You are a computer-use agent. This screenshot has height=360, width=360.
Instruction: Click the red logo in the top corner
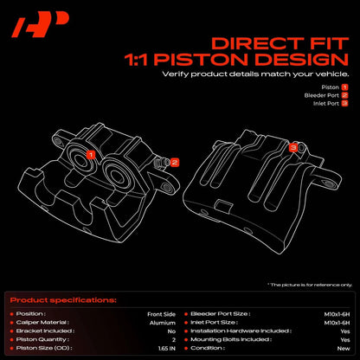pyautogui.click(x=41, y=24)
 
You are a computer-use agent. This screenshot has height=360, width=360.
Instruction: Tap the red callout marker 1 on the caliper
pyautogui.click(x=91, y=155)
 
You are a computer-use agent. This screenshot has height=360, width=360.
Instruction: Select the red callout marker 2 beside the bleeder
pyautogui.click(x=174, y=162)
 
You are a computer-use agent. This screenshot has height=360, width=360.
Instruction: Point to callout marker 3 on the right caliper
pyautogui.click(x=293, y=148)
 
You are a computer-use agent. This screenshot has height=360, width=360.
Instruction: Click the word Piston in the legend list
pyautogui.click(x=330, y=87)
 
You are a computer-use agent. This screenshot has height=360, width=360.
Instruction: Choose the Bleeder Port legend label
pyautogui.click(x=321, y=95)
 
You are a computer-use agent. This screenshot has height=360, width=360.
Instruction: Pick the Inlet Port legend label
pyautogui.click(x=326, y=103)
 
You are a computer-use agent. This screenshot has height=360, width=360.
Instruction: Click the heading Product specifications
pyautogui.click(x=63, y=300)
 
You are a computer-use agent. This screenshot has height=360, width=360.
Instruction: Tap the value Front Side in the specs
pyautogui.click(x=161, y=314)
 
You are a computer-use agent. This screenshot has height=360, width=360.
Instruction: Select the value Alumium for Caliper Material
pyautogui.click(x=163, y=323)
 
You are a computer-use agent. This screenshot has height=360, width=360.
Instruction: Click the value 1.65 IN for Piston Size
pyautogui.click(x=167, y=349)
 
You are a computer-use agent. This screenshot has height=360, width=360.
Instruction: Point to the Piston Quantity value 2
pyautogui.click(x=174, y=340)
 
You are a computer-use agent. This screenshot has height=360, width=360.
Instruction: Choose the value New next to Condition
pyautogui.click(x=344, y=349)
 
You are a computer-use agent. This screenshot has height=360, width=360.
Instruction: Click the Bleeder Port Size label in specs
pyautogui.click(x=221, y=314)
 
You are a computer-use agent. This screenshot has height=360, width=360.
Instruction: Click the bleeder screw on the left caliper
pyautogui.click(x=163, y=163)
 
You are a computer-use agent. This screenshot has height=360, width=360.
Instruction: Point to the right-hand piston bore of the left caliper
pyautogui.click(x=115, y=175)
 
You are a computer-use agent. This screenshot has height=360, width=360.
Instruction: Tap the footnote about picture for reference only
pyautogui.click(x=310, y=285)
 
